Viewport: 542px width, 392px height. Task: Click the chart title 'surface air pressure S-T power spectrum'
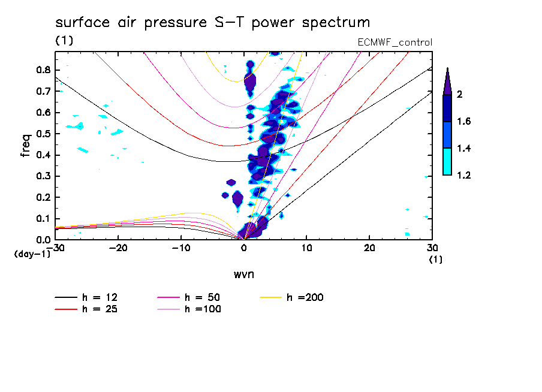click(212, 23)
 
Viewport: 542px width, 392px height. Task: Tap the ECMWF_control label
click(395, 42)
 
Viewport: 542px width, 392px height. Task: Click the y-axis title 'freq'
click(26, 145)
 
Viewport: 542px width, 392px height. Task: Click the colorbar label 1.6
click(464, 121)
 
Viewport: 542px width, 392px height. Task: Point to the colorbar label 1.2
click(464, 175)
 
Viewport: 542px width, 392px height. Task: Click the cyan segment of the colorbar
click(447, 161)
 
